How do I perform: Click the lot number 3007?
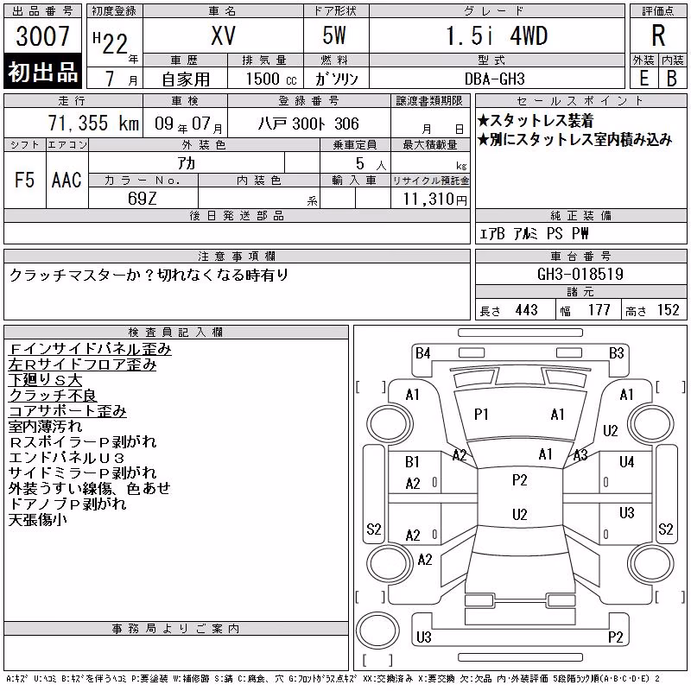click(x=42, y=36)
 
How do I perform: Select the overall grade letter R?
click(x=658, y=35)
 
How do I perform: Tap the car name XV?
click(x=224, y=35)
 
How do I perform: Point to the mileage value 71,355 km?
click(x=93, y=123)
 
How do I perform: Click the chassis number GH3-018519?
click(x=580, y=275)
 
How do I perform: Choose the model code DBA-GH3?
click(x=494, y=79)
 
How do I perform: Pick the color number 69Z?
click(x=142, y=199)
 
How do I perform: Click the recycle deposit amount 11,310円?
click(x=435, y=200)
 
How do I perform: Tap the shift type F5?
click(x=25, y=180)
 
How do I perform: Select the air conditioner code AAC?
click(x=67, y=180)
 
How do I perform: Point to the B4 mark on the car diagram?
click(x=423, y=353)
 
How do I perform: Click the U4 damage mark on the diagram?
click(x=626, y=462)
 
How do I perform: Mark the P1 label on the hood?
click(x=481, y=415)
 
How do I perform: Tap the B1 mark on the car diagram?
click(x=413, y=462)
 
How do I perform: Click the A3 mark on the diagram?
click(x=580, y=455)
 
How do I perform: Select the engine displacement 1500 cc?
click(x=271, y=79)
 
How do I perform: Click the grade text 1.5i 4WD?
click(x=498, y=35)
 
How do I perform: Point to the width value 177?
click(x=599, y=310)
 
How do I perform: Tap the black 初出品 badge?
click(x=42, y=71)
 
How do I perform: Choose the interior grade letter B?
click(x=672, y=79)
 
